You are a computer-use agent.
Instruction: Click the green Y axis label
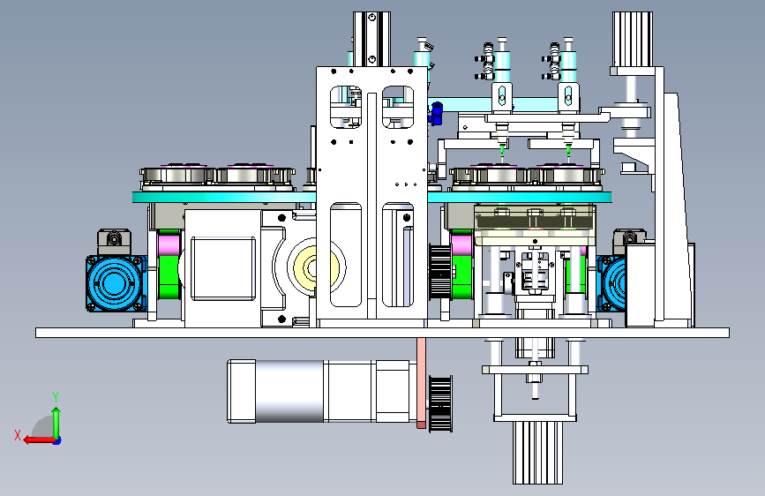[56, 396]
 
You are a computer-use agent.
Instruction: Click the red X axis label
[18, 435]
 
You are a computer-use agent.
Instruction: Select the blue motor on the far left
[116, 283]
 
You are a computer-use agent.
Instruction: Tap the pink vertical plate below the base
[421, 383]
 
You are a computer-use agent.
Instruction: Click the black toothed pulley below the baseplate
[440, 403]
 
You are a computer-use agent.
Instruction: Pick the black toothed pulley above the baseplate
[440, 272]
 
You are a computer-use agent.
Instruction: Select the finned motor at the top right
[633, 40]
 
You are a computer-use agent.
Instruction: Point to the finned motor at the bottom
[537, 453]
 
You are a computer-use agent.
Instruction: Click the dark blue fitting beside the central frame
[436, 114]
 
